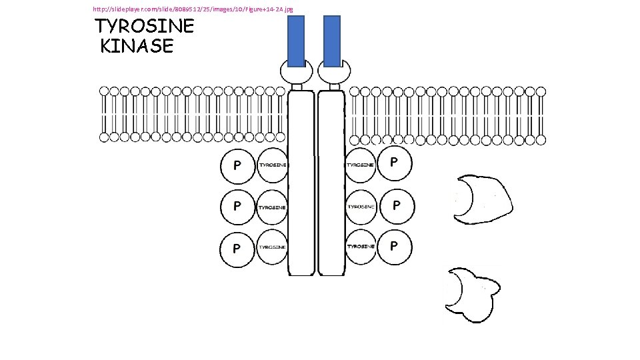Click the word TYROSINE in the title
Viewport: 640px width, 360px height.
point(145,27)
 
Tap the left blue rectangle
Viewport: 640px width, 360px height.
point(296,41)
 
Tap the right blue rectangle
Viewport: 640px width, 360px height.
point(331,41)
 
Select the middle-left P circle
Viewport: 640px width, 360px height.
point(237,207)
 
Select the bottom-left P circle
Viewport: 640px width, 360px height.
point(237,249)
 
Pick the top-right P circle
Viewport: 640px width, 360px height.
point(395,163)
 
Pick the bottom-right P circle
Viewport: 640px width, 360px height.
point(395,247)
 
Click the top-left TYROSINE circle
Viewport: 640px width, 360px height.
point(272,165)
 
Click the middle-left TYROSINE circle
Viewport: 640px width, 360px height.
point(272,207)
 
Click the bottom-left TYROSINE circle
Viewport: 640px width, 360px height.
point(272,247)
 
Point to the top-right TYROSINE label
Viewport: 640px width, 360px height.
point(361,164)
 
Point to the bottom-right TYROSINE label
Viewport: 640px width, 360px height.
point(361,247)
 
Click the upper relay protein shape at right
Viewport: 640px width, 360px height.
point(484,198)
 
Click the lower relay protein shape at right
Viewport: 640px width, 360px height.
point(473,293)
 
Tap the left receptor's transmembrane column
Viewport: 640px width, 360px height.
point(301,183)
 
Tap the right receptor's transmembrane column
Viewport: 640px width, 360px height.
point(331,183)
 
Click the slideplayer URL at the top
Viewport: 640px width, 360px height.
point(193,9)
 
